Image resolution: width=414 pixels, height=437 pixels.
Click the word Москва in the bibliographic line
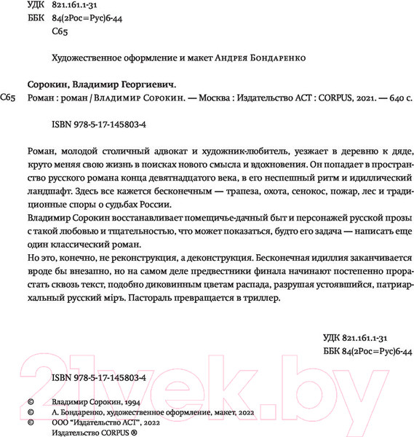click(x=221, y=98)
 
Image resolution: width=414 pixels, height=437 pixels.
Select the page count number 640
click(x=383, y=98)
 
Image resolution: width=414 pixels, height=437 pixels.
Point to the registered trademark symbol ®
click(x=132, y=431)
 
